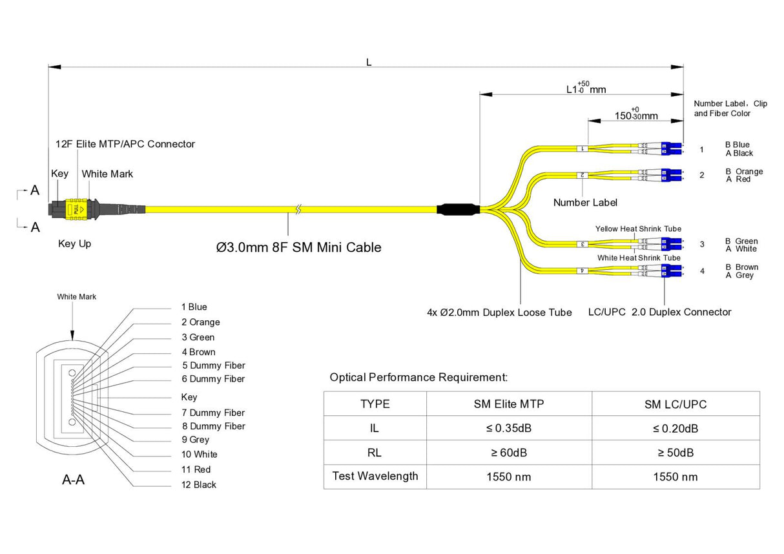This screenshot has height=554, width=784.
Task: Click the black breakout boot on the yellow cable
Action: [458, 209]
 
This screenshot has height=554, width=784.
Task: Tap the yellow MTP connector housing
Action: [75, 209]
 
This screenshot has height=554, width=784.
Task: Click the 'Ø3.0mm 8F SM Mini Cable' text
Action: [298, 247]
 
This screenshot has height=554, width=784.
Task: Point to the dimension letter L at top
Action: [369, 63]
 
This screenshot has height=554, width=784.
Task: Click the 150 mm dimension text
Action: [635, 116]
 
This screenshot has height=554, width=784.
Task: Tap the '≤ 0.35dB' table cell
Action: [509, 429]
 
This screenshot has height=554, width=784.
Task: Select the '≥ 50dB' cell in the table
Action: [675, 453]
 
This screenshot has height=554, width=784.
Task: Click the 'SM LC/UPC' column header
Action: [675, 405]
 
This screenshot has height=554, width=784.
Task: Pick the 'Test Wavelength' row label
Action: [375, 477]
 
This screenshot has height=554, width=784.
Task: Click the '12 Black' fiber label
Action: [199, 484]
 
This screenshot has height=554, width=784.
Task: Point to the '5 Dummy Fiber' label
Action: [213, 365]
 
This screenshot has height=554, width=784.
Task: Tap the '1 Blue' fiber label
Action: [194, 307]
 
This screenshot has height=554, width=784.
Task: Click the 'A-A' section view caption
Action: [73, 480]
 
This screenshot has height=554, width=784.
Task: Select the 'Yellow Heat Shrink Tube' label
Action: [638, 229]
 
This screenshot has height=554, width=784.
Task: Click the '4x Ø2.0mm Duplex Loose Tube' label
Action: [499, 313]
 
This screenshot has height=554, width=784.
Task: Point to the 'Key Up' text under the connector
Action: [74, 244]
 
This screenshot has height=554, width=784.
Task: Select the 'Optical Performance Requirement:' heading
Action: [418, 377]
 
